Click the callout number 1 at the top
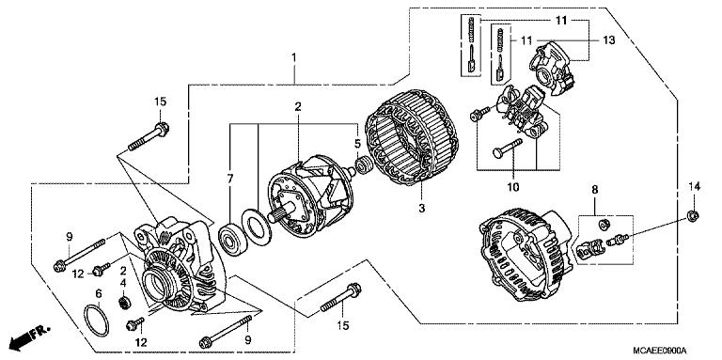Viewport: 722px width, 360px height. click(294, 58)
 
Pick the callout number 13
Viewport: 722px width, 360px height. click(608, 39)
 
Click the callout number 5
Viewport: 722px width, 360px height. click(357, 144)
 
